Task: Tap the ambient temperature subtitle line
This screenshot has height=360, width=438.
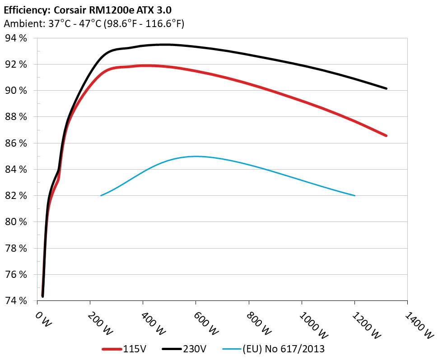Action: click(93, 23)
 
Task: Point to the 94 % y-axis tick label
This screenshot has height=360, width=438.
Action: click(16, 38)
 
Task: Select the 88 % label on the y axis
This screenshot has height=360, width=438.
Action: click(16, 117)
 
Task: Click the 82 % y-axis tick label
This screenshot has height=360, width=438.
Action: click(16, 196)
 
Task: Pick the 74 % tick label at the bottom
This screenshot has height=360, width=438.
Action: click(16, 300)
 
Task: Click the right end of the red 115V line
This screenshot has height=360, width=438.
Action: click(387, 135)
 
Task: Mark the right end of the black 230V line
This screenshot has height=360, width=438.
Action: click(387, 88)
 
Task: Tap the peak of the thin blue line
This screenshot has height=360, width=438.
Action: click(196, 157)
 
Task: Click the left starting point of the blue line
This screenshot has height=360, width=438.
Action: click(101, 195)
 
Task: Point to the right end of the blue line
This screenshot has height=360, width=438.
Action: click(355, 195)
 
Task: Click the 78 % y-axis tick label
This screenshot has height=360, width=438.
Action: click(16, 248)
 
